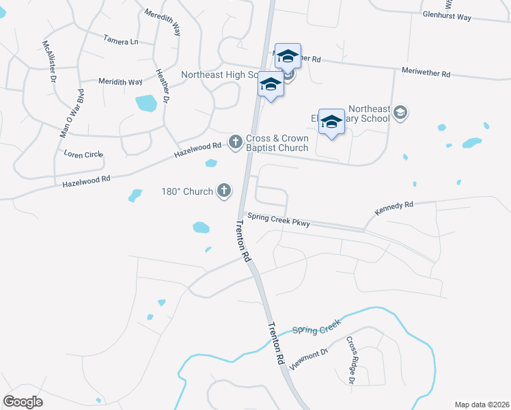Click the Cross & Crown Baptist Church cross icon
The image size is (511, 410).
coord(235,142)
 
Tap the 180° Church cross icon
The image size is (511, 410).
coord(224,191)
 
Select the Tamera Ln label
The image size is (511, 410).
coord(121,41)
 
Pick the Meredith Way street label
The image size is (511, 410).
coord(163,22)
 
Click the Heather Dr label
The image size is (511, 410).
coord(162,86)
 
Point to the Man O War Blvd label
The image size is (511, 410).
coord(71,113)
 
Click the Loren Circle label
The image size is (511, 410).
coord(83,154)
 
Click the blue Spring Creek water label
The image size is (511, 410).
coord(316,330)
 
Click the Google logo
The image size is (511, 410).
coord(23,402)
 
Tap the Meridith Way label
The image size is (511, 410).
coord(120,82)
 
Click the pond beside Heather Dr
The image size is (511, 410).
coord(146,103)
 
